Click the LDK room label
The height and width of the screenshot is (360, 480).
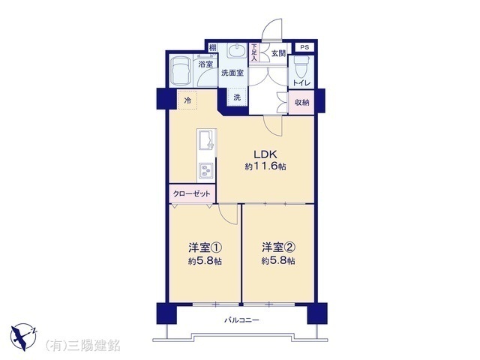pos(265,154)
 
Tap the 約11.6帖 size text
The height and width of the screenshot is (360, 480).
pos(265,166)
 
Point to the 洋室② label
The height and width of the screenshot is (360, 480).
pos(278,247)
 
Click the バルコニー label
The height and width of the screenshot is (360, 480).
pos(241,320)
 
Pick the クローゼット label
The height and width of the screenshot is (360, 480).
pos(192,193)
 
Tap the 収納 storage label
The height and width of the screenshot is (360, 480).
pos(301,103)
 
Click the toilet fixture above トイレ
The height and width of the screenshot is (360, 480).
pos(301,67)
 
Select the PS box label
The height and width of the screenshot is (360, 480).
pos(304,47)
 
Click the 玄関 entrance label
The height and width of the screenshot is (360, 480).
pos(278,53)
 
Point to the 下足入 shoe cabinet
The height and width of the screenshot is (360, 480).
pos(253,52)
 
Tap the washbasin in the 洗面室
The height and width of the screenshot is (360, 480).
pos(237,50)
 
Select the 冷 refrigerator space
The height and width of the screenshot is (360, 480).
pos(187,100)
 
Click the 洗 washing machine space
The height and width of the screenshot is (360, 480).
pos(237,97)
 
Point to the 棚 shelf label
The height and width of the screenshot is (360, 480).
pos(212,48)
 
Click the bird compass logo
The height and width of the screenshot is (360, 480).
pos(23,337)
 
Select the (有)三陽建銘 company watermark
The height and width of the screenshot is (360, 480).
pos(82,345)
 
